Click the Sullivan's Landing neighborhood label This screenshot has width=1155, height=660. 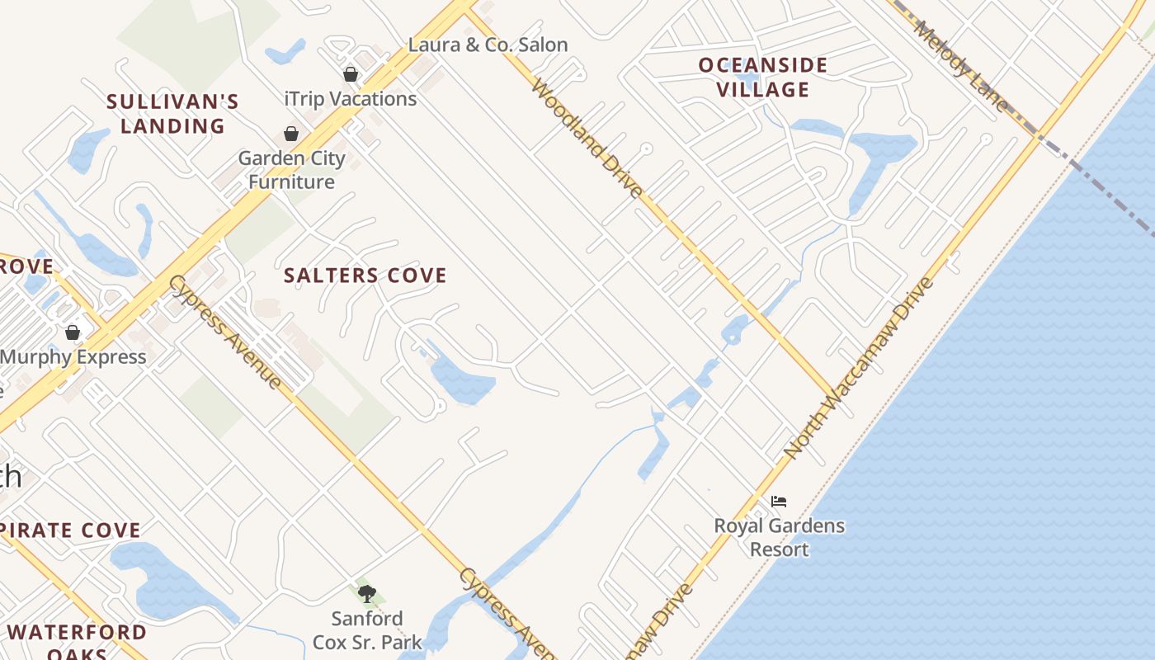pyautogui.click(x=172, y=114)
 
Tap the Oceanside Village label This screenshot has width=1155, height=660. pyautogui.click(x=762, y=77)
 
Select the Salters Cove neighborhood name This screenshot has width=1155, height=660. pyautogui.click(x=365, y=276)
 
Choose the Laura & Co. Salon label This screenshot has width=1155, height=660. pyautogui.click(x=488, y=45)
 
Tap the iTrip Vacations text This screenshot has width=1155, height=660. pyautogui.click(x=350, y=99)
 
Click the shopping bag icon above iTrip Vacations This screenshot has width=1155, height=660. pyautogui.click(x=351, y=74)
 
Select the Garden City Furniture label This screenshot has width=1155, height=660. pyautogui.click(x=291, y=170)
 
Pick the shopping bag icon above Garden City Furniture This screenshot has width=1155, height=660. pyautogui.click(x=291, y=134)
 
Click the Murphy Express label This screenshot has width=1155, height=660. pyautogui.click(x=73, y=357)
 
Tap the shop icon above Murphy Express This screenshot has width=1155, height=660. pyautogui.click(x=73, y=332)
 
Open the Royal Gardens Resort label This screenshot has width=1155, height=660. pyautogui.click(x=779, y=537)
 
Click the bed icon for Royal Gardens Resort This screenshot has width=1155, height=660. pyautogui.click(x=779, y=501)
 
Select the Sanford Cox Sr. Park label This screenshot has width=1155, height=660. pyautogui.click(x=367, y=629)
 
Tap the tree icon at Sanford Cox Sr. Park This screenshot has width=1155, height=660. pyautogui.click(x=367, y=593)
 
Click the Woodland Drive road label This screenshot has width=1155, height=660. pyautogui.click(x=587, y=139)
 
